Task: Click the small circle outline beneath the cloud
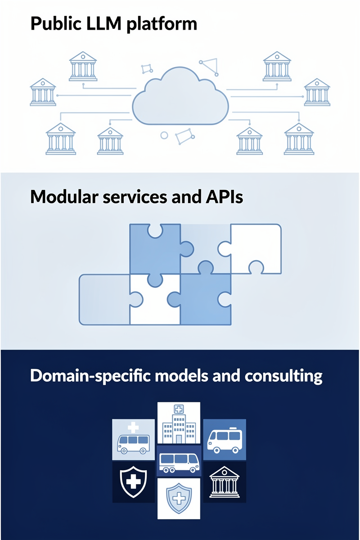pyautogui.click(x=164, y=135)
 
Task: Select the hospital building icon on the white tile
pyautogui.click(x=179, y=423)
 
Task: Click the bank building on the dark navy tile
pyautogui.click(x=224, y=482)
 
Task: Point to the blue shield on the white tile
pyautogui.click(x=179, y=499)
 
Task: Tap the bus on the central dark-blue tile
pyautogui.click(x=179, y=462)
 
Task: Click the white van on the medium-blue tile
pyautogui.click(x=224, y=439)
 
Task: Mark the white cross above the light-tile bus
pyautogui.click(x=133, y=426)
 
